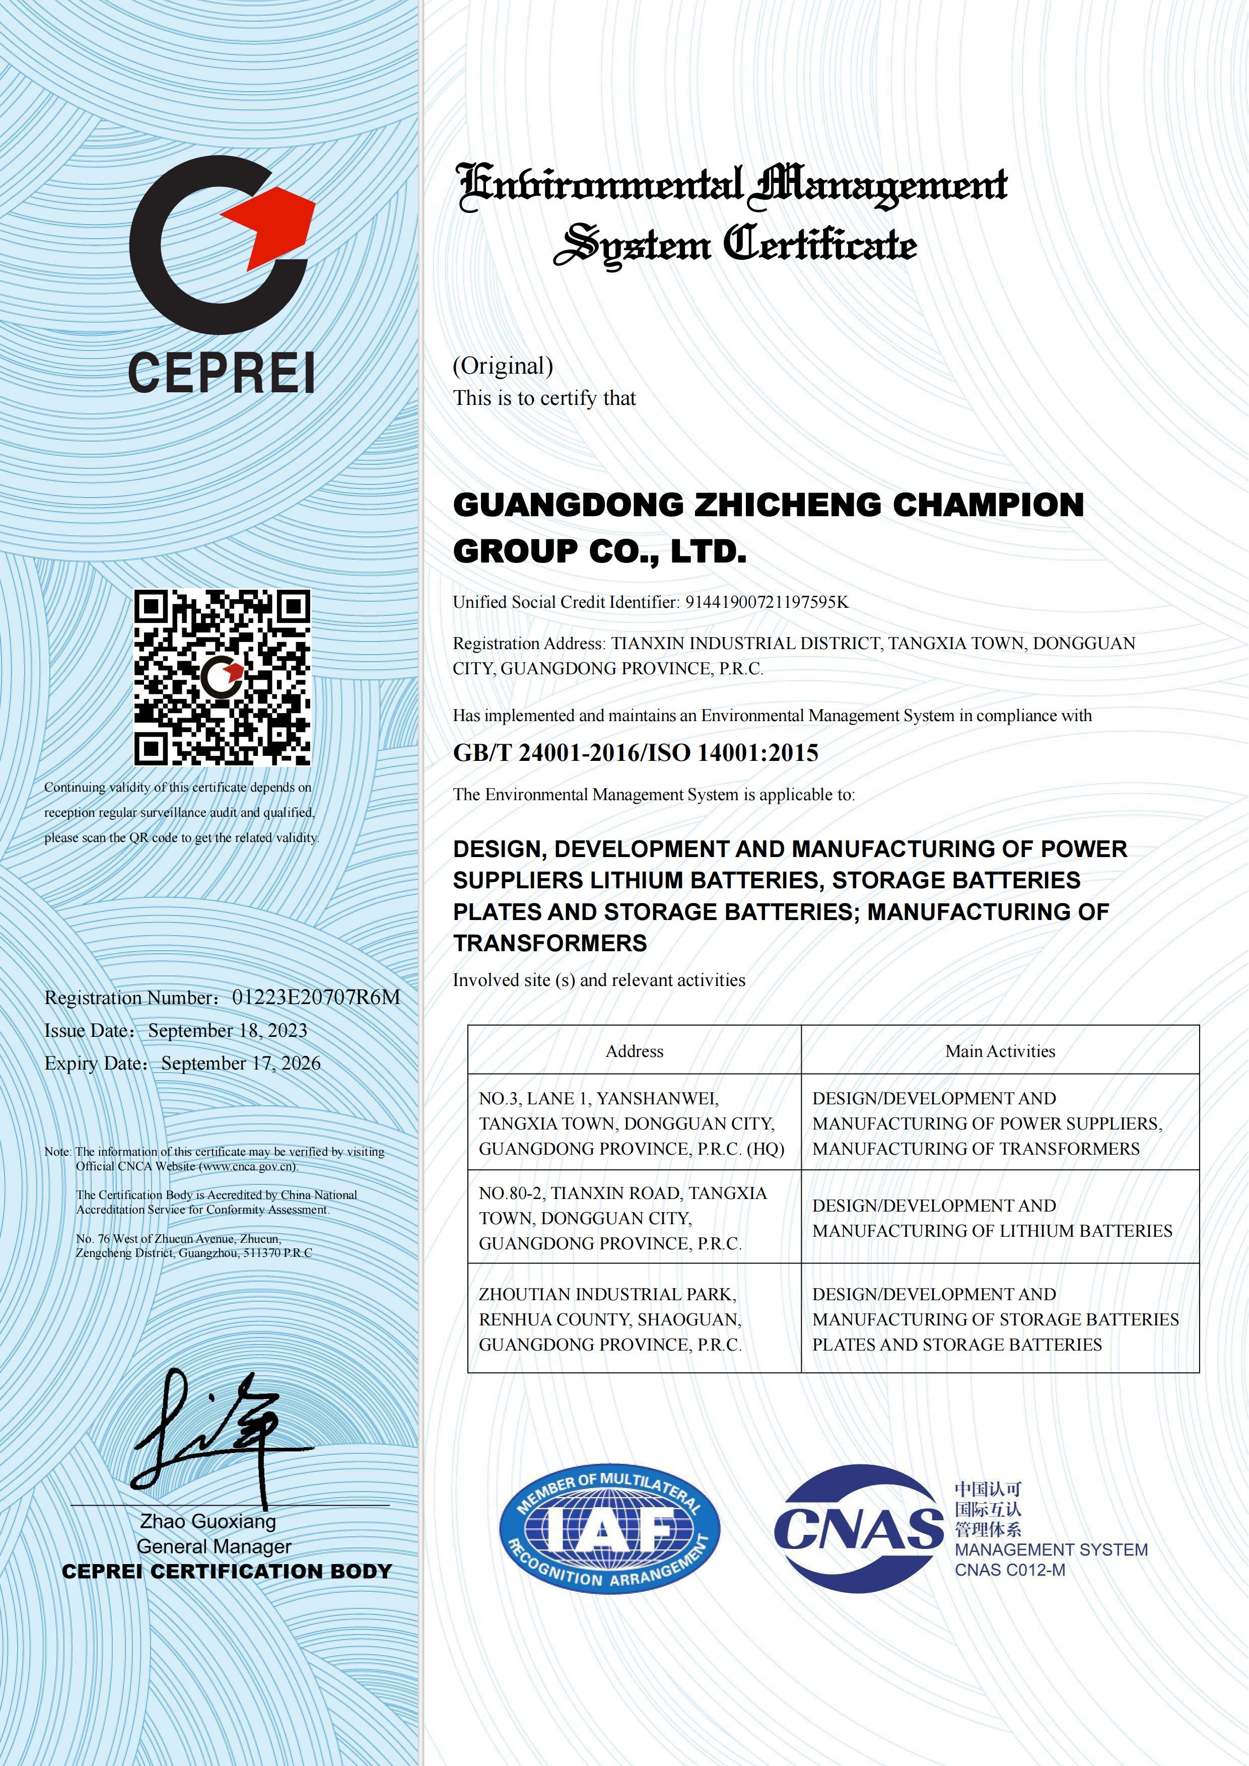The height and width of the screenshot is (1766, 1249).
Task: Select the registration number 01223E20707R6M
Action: pyautogui.click(x=316, y=997)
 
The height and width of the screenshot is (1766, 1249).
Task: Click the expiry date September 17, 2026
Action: pyautogui.click(x=241, y=1063)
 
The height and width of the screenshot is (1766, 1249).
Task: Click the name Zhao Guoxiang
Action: pyautogui.click(x=207, y=1521)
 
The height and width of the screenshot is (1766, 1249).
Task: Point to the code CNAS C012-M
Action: pyautogui.click(x=1010, y=1570)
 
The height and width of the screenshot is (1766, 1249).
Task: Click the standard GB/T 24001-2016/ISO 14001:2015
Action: pyautogui.click(x=635, y=752)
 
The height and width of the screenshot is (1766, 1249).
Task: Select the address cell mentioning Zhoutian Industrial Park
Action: pyautogui.click(x=611, y=1319)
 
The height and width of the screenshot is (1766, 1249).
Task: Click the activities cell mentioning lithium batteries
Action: pyautogui.click(x=992, y=1218)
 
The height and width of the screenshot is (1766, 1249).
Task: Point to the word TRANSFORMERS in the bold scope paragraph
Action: pyautogui.click(x=550, y=943)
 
